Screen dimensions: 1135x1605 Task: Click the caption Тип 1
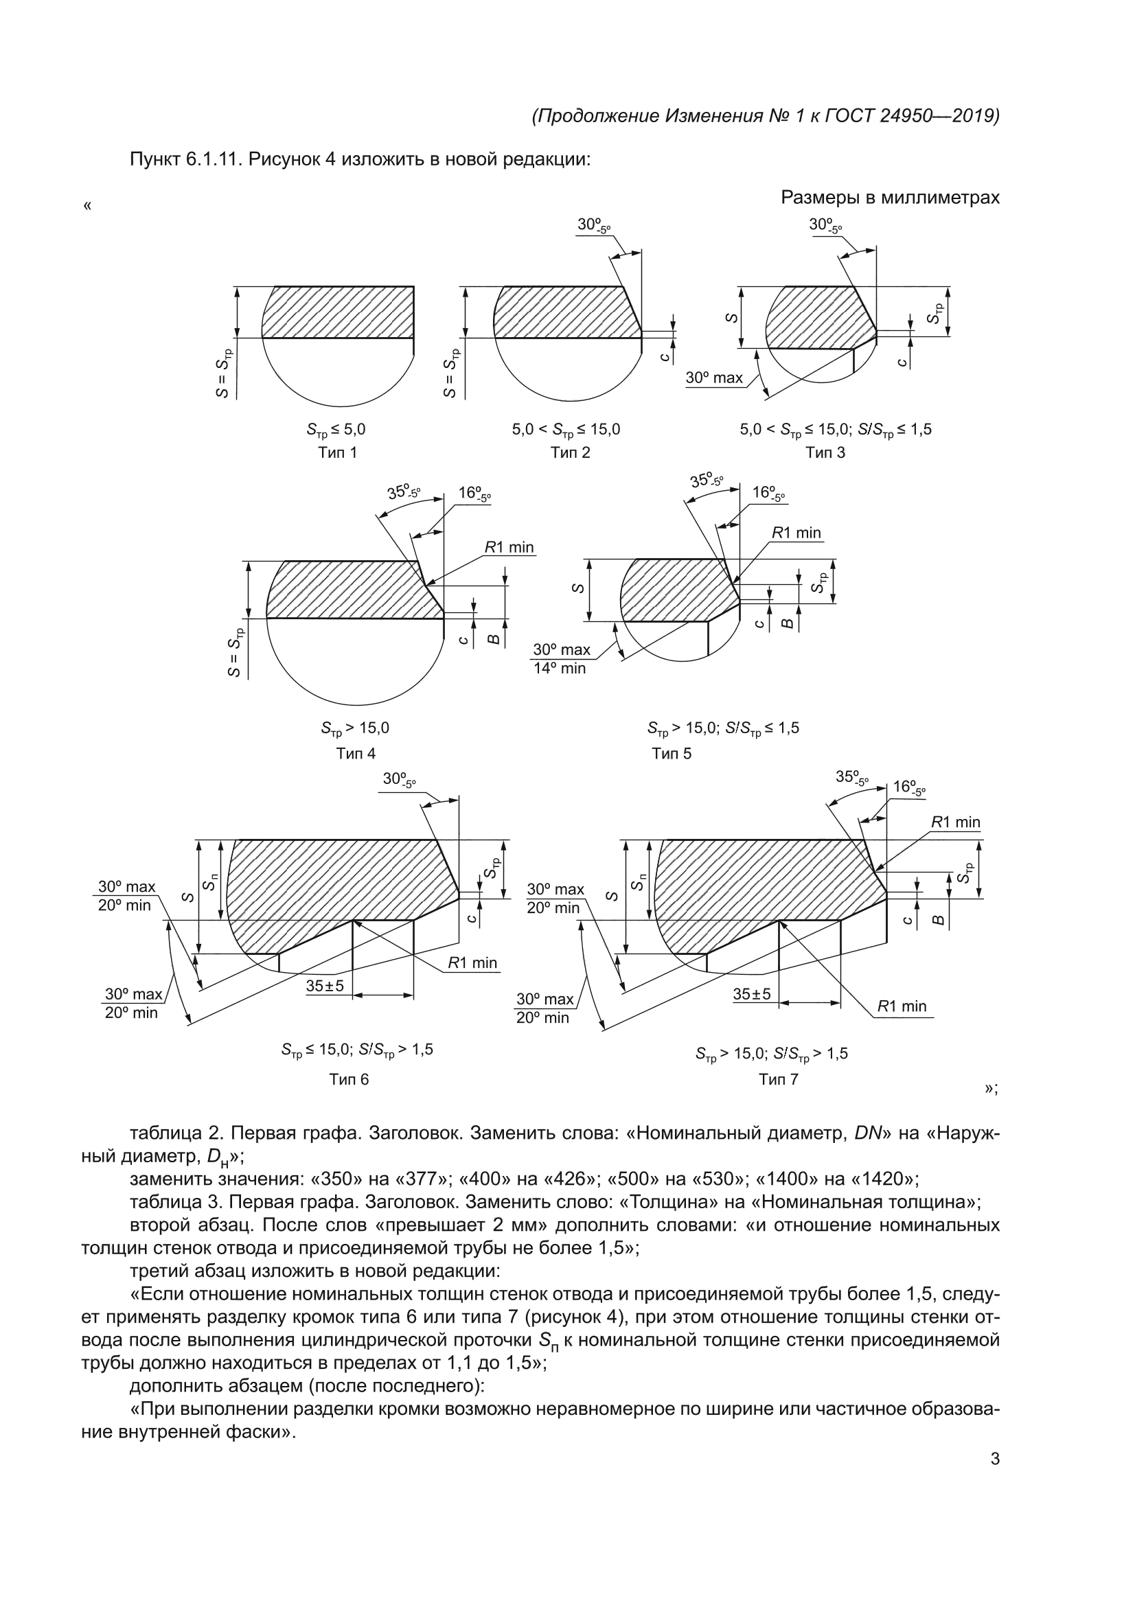coord(337,452)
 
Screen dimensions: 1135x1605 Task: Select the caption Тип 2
coord(570,452)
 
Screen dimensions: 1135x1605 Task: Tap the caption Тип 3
coord(825,452)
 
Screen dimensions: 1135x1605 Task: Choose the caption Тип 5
coord(672,754)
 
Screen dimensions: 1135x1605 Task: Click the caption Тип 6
coord(349,1079)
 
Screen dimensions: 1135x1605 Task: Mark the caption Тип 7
coord(779,1079)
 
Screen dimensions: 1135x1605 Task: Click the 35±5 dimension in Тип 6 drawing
coord(325,986)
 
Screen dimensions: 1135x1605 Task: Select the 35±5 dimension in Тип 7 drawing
coord(752,993)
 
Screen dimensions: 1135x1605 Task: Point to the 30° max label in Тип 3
coord(714,378)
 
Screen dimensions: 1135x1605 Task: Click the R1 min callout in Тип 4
coord(509,546)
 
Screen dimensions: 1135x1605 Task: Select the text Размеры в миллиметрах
coord(891,198)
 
